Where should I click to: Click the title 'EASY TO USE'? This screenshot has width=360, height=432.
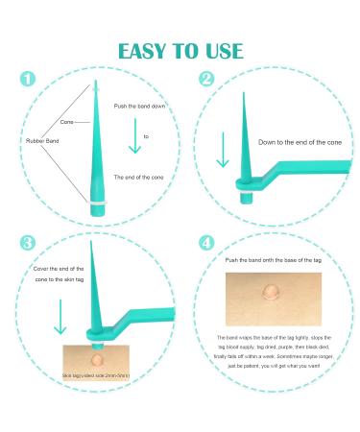(180, 51)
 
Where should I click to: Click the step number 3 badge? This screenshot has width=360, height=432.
(28, 245)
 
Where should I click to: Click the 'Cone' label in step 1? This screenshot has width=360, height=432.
(66, 123)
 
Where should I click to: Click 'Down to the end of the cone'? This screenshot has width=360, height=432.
(294, 142)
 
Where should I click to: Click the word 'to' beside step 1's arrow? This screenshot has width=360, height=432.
(147, 137)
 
